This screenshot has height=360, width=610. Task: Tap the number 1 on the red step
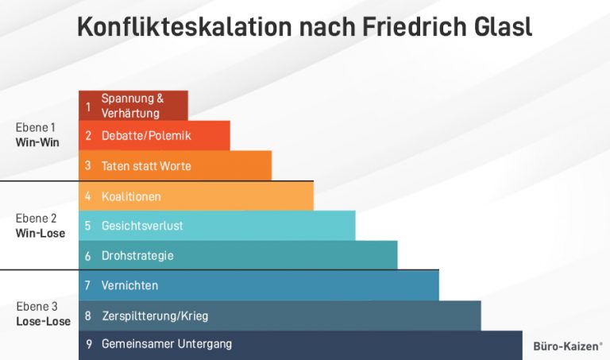point(88,106)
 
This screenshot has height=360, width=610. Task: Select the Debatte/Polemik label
point(146,136)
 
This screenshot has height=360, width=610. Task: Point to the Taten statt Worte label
point(146,166)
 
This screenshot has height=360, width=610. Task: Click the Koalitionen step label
point(131,196)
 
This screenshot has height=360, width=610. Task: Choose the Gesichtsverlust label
point(142,226)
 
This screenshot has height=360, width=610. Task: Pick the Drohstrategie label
point(137,256)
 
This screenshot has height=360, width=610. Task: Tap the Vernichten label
point(129,285)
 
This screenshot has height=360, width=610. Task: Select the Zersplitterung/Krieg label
point(155,315)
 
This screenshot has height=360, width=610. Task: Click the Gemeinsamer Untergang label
point(167,344)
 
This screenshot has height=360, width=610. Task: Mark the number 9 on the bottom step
point(88,344)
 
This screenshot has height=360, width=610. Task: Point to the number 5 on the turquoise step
point(88,226)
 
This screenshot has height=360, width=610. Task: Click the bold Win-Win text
point(37,143)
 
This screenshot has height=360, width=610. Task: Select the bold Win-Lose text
point(40,234)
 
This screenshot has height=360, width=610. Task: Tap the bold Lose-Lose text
point(43,322)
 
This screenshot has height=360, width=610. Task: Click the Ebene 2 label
point(36,219)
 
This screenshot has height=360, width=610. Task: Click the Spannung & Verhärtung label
point(133,106)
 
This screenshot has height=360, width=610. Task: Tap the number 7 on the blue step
point(88,285)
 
